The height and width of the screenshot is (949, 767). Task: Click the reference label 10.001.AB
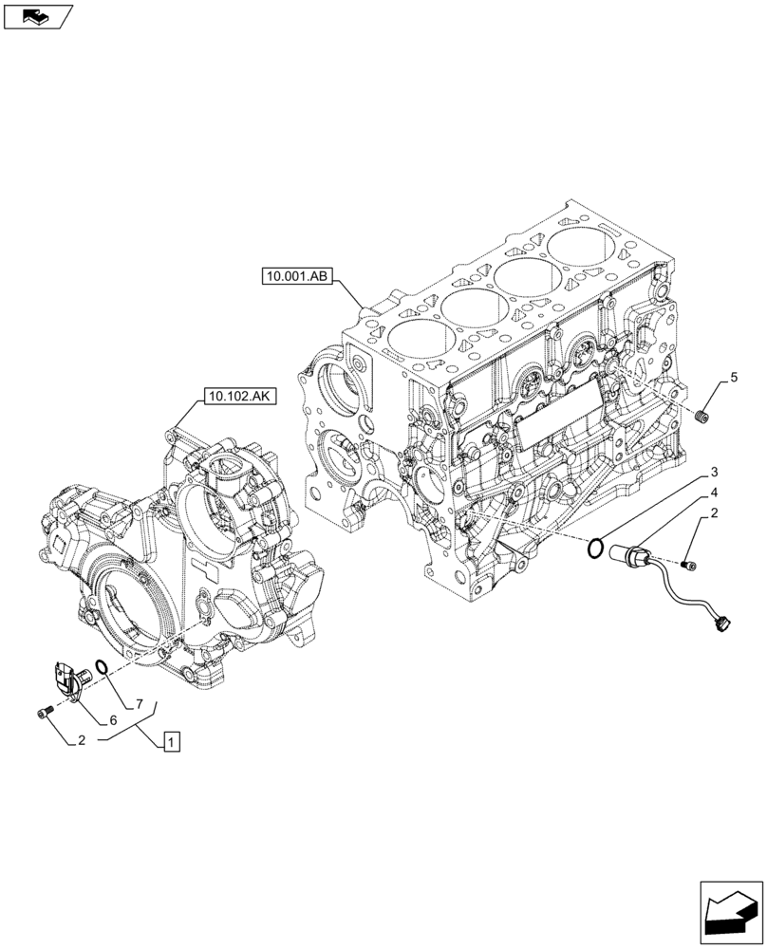click(x=293, y=277)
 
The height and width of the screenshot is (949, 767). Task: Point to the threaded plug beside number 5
click(x=704, y=416)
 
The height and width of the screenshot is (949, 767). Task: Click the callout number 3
click(x=713, y=472)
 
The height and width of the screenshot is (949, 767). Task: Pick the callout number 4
click(x=713, y=493)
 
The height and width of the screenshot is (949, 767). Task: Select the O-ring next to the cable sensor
click(x=595, y=546)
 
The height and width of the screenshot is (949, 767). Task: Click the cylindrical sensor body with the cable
click(x=631, y=554)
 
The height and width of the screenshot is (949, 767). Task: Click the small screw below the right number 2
click(x=689, y=566)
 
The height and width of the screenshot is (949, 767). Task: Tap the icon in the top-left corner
click(x=37, y=15)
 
